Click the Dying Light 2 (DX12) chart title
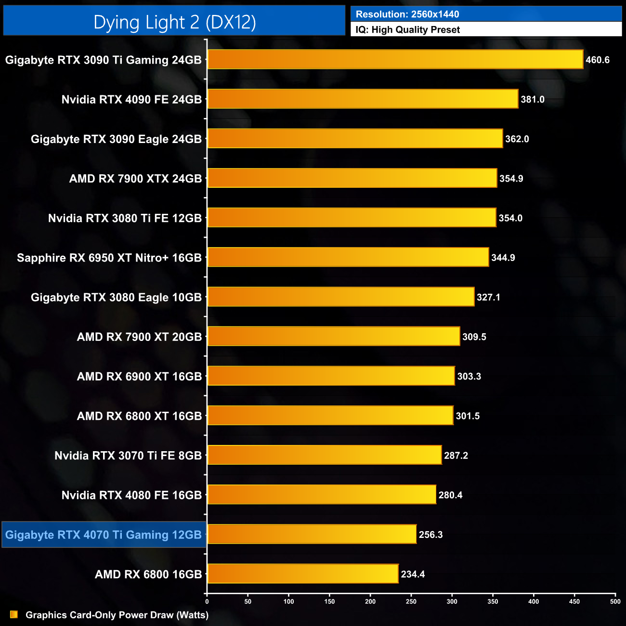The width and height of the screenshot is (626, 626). click(174, 22)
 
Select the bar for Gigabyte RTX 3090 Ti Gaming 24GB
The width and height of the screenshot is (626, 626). click(395, 60)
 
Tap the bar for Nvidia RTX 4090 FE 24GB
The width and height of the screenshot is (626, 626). click(363, 99)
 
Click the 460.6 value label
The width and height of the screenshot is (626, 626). click(597, 60)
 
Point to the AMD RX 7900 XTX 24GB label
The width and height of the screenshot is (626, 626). click(135, 179)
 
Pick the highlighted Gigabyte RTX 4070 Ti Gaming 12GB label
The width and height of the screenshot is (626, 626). click(104, 535)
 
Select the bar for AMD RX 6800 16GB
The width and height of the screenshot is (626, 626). click(303, 574)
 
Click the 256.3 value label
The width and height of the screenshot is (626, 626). click(430, 535)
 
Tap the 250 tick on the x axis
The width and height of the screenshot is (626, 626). click(411, 601)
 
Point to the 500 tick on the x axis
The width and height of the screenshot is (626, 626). click(615, 601)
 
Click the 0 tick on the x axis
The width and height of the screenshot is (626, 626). click(207, 601)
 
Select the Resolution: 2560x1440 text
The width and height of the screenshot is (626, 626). click(407, 14)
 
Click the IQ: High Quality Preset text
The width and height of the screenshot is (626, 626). click(407, 29)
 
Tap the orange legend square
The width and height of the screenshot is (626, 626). click(14, 614)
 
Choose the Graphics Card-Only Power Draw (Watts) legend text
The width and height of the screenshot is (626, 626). click(117, 615)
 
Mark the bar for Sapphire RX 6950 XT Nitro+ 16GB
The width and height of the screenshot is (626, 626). click(348, 258)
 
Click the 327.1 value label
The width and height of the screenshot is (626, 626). click(488, 297)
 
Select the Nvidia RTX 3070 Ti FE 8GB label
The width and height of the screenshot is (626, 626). click(128, 456)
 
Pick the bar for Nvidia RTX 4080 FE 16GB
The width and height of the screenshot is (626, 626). click(322, 495)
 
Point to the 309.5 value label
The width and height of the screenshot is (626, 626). click(474, 337)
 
